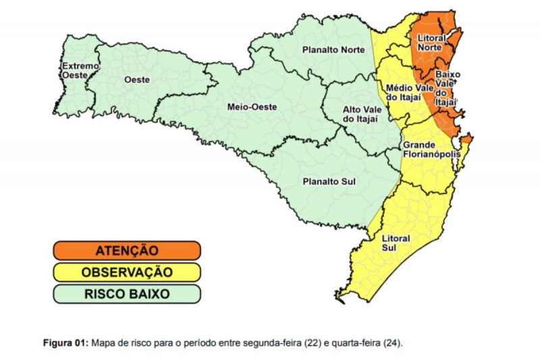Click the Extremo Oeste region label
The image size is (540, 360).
80,71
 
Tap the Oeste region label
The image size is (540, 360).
136,79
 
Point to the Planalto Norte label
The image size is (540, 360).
333,49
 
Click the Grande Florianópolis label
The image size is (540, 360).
431,149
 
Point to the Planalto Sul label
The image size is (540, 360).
329,181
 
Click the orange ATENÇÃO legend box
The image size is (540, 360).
127,251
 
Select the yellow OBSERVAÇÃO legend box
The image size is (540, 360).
127,272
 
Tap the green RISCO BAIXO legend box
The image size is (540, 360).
127,294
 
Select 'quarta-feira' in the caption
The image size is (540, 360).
358,343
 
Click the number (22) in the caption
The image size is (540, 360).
314,343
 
